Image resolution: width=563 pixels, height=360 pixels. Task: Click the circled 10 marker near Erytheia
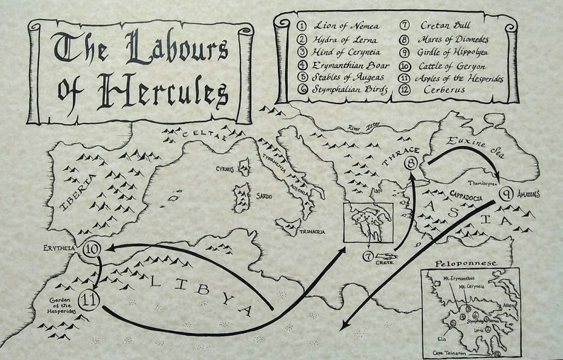point(94,249)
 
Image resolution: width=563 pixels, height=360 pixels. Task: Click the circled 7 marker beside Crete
point(368,255)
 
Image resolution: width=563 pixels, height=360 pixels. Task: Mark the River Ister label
point(364,128)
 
